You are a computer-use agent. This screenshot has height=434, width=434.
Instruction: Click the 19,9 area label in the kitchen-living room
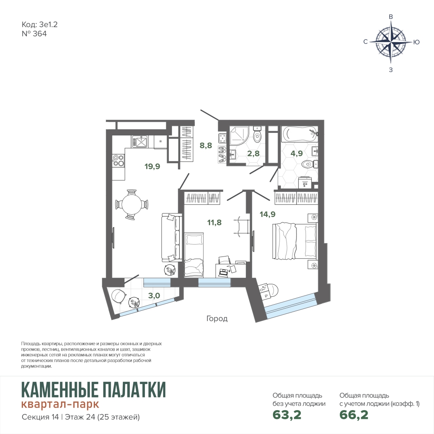tap(152, 166)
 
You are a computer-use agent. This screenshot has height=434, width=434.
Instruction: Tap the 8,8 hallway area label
tap(206, 145)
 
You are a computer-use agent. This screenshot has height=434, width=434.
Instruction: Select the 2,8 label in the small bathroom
tap(253, 153)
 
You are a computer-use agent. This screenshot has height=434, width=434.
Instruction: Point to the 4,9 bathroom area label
tap(296, 153)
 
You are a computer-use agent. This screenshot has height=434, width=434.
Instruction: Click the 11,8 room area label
tap(214, 222)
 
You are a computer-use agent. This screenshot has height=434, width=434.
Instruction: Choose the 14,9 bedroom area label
tap(267, 214)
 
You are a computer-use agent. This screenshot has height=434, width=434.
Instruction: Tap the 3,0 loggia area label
tap(154, 295)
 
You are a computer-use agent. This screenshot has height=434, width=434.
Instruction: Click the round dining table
tap(132, 204)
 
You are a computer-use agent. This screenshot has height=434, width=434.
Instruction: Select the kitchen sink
tap(140, 141)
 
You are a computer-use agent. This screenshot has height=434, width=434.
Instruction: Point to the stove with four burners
tap(118, 161)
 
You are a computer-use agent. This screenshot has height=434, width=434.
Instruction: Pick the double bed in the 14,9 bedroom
tap(294, 241)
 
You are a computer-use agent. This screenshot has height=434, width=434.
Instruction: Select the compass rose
tap(391, 42)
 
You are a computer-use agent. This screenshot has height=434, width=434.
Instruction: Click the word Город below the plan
tap(217, 319)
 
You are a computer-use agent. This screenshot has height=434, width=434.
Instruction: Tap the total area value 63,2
tap(287, 414)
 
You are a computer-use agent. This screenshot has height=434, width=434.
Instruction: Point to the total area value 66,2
tap(354, 414)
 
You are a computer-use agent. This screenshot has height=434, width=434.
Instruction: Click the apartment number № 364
tap(34, 34)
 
